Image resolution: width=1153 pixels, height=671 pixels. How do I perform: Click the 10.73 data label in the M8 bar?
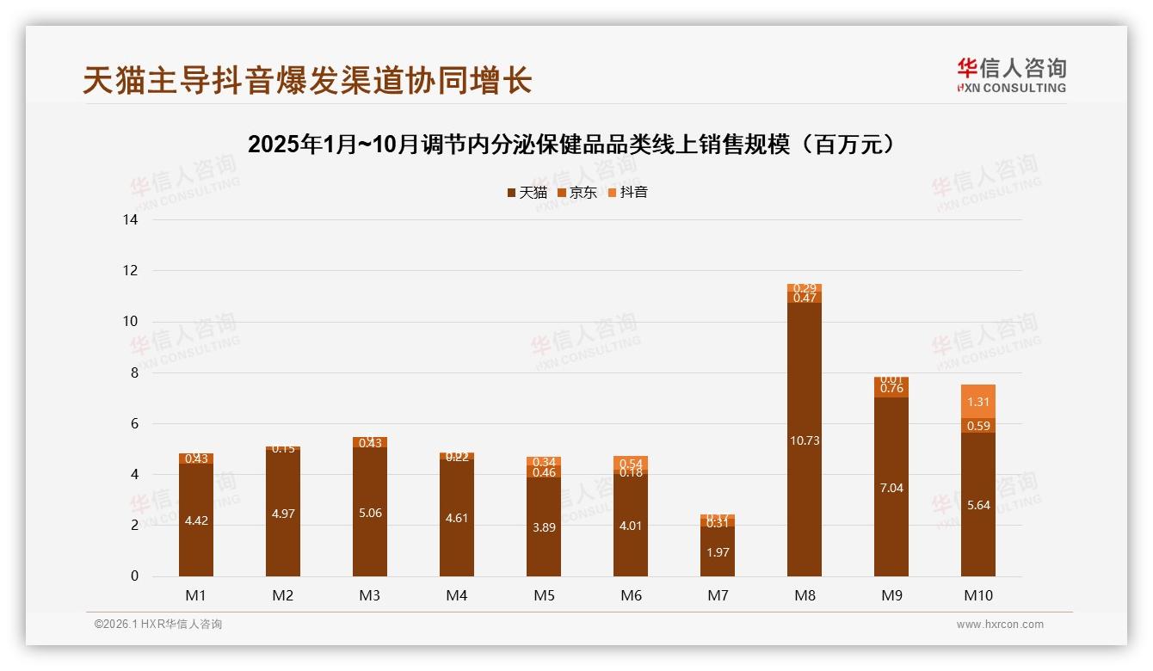804,440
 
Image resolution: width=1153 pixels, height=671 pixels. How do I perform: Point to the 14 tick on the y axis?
131,220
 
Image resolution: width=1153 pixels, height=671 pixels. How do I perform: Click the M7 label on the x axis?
718,595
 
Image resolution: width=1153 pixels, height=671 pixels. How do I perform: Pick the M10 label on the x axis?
977,595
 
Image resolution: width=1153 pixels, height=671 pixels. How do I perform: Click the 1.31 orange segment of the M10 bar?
977,402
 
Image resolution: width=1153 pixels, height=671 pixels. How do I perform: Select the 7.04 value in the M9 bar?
891,488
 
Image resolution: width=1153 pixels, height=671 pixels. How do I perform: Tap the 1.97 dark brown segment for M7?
718,552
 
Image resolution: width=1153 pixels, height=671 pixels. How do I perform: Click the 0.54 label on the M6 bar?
631,463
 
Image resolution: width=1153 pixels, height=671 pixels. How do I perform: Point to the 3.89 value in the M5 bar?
544,527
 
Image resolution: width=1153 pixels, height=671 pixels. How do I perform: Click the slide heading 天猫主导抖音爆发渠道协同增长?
307,80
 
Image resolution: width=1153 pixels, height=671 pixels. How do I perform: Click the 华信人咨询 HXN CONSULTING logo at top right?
1011,75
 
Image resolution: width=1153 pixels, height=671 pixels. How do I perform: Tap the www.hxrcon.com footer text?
1000,625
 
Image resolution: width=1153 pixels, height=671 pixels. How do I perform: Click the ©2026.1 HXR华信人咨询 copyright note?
158,625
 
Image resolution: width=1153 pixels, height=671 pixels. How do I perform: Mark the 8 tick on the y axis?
133,372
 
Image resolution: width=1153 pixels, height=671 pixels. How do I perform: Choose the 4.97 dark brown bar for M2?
283,514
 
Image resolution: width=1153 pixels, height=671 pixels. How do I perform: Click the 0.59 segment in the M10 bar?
977,426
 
